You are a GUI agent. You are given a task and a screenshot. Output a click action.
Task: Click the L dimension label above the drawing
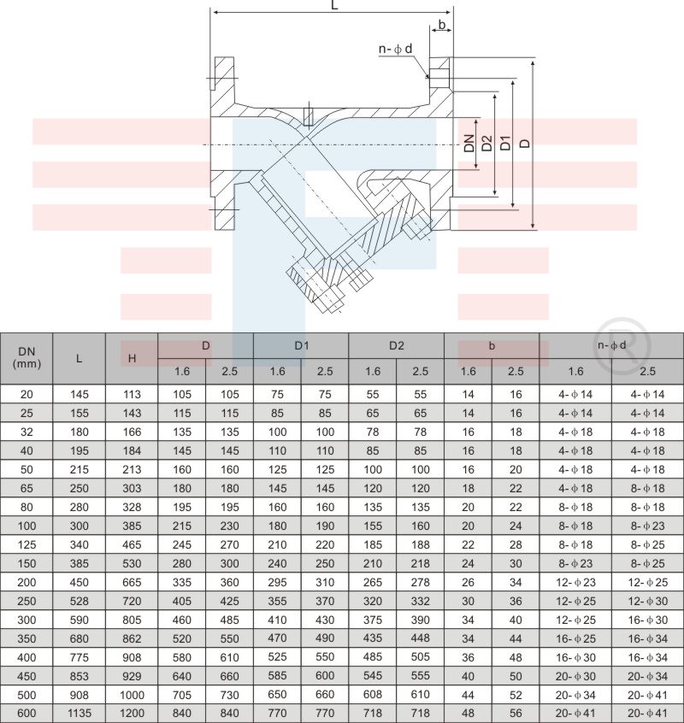[334, 4]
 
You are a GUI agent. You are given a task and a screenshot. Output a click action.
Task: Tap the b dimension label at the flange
[442, 24]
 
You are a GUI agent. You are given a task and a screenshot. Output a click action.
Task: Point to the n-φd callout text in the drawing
[395, 49]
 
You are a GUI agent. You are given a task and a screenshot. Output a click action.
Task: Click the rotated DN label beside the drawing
[469, 143]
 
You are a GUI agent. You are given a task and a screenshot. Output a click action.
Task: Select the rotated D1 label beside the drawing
[505, 143]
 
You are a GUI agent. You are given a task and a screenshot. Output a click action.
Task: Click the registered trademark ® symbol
[622, 344]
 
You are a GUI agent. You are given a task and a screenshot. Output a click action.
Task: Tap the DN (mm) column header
[27, 358]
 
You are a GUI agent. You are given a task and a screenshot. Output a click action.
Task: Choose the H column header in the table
[132, 358]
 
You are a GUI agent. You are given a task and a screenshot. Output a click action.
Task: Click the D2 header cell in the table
[396, 346]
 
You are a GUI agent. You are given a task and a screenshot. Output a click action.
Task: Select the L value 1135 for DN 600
[80, 714]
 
